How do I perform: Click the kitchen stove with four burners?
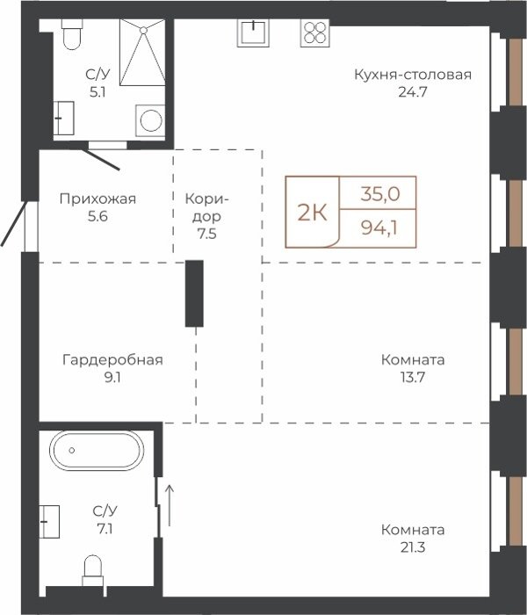click(315, 33)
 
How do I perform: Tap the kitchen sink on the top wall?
click(253, 33)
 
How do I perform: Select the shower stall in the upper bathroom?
click(142, 52)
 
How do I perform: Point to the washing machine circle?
click(151, 120)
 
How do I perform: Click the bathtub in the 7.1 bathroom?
click(97, 450)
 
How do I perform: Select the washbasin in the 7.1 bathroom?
click(49, 522)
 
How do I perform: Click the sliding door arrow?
click(170, 505)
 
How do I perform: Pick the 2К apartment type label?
click(312, 213)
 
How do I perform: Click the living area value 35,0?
click(380, 194)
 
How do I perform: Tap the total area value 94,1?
click(379, 228)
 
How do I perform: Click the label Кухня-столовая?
click(413, 75)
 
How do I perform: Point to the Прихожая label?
click(97, 199)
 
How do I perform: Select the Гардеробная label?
click(112, 359)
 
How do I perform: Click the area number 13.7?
click(413, 377)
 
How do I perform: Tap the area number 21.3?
click(413, 547)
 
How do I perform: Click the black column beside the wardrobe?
click(194, 293)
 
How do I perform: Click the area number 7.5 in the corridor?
click(206, 234)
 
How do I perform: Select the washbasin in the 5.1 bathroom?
click(63, 118)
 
